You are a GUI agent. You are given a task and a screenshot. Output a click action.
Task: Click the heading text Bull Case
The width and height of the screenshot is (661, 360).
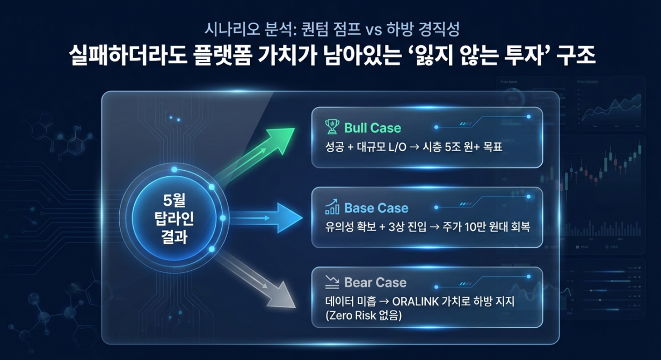(373, 128)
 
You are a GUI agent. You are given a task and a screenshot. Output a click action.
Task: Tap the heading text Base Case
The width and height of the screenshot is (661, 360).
(376, 208)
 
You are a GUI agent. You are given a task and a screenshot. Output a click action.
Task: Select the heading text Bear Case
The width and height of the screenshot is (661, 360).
(375, 282)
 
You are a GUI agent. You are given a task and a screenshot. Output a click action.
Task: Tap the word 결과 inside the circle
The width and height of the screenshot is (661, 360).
(174, 237)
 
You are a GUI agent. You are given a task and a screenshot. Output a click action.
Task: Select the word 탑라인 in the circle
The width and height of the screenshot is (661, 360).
(174, 219)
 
